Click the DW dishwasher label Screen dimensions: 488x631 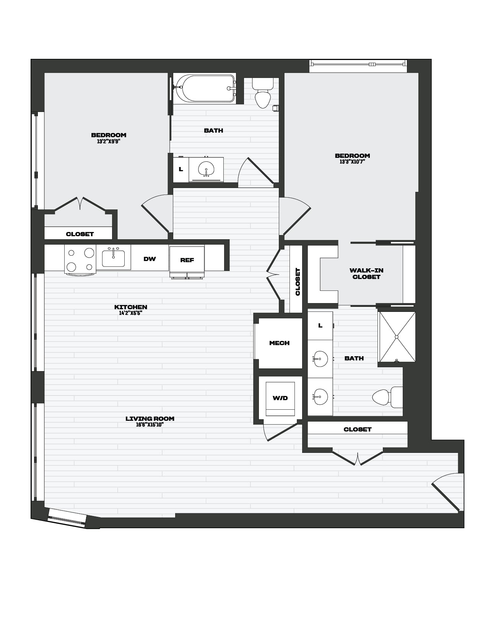pyautogui.click(x=150, y=259)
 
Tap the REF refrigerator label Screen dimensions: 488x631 pyautogui.click(x=187, y=260)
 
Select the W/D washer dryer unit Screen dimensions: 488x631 pyautogui.click(x=280, y=398)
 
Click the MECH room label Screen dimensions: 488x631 pyautogui.click(x=280, y=343)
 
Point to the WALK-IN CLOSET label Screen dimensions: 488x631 pyautogui.click(x=366, y=274)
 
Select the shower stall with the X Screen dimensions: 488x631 pyautogui.click(x=397, y=337)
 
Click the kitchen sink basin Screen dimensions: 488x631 pyautogui.click(x=113, y=258)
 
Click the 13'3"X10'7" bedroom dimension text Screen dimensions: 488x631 pyautogui.click(x=352, y=162)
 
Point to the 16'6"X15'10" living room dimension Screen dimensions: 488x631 pyautogui.click(x=150, y=425)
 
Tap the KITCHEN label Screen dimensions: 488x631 pyautogui.click(x=131, y=307)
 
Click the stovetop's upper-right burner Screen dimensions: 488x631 pyautogui.click(x=89, y=253)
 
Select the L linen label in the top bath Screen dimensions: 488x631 pyautogui.click(x=181, y=169)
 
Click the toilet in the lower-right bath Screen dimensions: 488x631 pyautogui.click(x=387, y=397)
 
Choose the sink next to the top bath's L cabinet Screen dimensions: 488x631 pyautogui.click(x=206, y=169)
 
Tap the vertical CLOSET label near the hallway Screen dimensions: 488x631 pyautogui.click(x=298, y=282)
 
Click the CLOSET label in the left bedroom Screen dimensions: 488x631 pyautogui.click(x=80, y=234)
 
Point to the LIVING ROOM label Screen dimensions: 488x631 pyautogui.click(x=150, y=419)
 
